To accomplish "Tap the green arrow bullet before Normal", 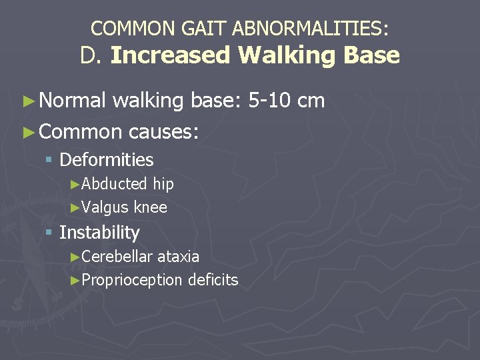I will coord(27,101).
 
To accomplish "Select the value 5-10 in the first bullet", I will coord(269,101).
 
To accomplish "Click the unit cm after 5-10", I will coord(311,101).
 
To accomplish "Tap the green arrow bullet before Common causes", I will coord(27,132).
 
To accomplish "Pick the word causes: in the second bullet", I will coord(163,131).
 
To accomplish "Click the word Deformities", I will coord(107,160).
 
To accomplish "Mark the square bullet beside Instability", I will coord(49,233).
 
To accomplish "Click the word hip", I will coord(163,184).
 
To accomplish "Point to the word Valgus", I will coord(105,207).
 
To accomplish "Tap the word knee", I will coord(150,207).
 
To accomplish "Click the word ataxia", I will coord(178,257).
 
